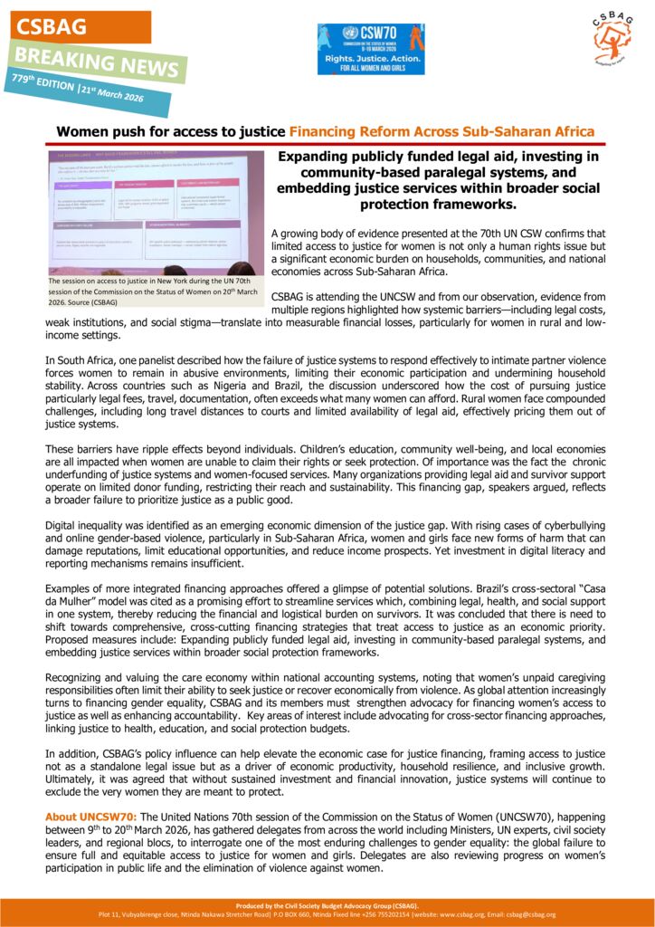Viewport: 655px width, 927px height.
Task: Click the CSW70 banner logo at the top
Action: [370, 49]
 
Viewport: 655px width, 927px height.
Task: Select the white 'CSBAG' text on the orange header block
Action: [51, 26]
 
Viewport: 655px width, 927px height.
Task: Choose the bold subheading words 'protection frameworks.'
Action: [451, 205]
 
